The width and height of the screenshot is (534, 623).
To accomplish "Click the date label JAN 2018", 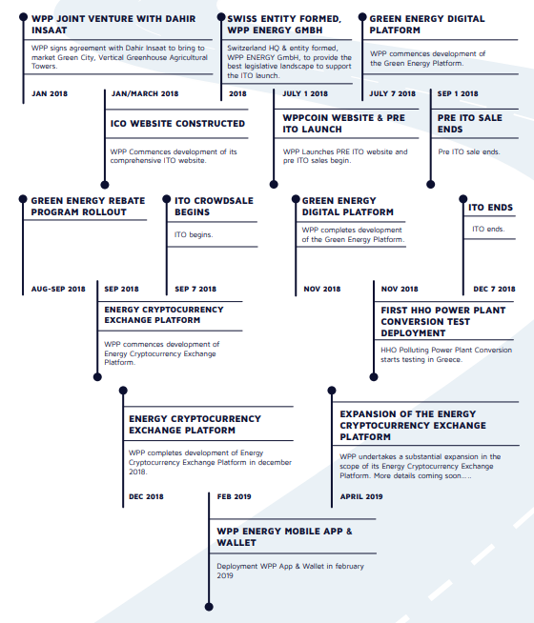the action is point(50,93).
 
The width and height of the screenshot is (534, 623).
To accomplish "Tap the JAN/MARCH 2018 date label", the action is point(145,93).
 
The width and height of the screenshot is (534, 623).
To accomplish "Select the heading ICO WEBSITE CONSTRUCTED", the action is point(177,124).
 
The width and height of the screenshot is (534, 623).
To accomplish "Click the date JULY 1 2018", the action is point(305,93).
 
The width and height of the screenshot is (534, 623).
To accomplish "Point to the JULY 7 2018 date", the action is point(393,93).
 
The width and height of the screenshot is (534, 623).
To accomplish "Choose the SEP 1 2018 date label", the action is point(458,93).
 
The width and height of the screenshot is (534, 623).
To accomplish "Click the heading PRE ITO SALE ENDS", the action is point(469,124).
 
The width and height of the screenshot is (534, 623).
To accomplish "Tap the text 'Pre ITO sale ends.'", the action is point(469,151).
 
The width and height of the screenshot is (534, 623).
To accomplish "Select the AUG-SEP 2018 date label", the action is point(58,290).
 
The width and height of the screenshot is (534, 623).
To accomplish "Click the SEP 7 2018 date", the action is point(195,290).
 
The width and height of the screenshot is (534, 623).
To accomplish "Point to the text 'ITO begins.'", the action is point(194,235).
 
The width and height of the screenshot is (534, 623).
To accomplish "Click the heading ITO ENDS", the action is point(490,208).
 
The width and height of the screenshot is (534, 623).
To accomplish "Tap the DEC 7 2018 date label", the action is point(494,290).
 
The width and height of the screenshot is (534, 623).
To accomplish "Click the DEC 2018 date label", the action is point(146,496).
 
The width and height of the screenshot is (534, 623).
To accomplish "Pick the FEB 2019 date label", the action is point(234,496).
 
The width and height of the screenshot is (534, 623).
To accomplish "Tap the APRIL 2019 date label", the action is point(361,496).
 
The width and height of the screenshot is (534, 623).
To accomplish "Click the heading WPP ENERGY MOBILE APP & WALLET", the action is point(284,536).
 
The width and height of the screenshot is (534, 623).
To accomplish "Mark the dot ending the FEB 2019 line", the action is point(209,607).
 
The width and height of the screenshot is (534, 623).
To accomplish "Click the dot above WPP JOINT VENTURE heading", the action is point(24,17).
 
